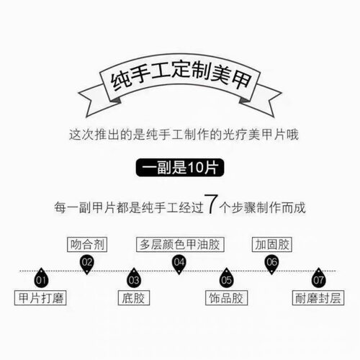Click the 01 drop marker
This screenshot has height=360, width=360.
[x=41, y=278]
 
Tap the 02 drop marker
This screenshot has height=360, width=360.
[x=86, y=264]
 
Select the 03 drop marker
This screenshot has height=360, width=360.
[x=134, y=278]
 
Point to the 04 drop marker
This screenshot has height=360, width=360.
[x=179, y=264]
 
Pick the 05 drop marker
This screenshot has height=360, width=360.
[x=226, y=278]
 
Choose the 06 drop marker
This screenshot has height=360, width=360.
[x=271, y=264]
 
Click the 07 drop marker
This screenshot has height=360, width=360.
[x=318, y=278]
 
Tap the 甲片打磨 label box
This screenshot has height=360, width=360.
[x=40, y=298]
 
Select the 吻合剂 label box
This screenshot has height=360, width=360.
[x=87, y=245]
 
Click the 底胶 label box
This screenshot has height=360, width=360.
[x=134, y=298]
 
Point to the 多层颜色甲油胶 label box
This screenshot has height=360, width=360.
[x=180, y=245]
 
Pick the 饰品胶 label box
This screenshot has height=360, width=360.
[x=226, y=298]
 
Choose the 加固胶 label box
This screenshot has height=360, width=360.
[x=271, y=245]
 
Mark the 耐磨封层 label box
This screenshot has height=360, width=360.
[x=318, y=298]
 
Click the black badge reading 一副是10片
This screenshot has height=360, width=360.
[x=180, y=168]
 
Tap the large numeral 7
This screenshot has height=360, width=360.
[x=211, y=204]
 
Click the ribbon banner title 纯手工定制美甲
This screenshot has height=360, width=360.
[x=181, y=75]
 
